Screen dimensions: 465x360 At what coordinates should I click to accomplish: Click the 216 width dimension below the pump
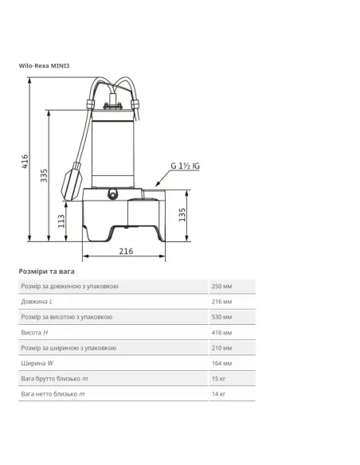tap(125, 251)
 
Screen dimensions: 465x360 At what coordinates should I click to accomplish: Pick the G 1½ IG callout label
tap(186, 166)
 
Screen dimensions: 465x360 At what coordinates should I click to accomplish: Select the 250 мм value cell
tap(222, 287)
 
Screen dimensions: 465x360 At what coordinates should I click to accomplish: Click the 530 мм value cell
tap(222, 317)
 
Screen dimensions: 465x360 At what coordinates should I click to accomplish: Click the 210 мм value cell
tap(222, 348)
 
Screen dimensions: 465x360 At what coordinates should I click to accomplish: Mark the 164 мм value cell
tap(222, 363)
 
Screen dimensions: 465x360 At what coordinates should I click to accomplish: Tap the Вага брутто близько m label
tap(53, 378)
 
